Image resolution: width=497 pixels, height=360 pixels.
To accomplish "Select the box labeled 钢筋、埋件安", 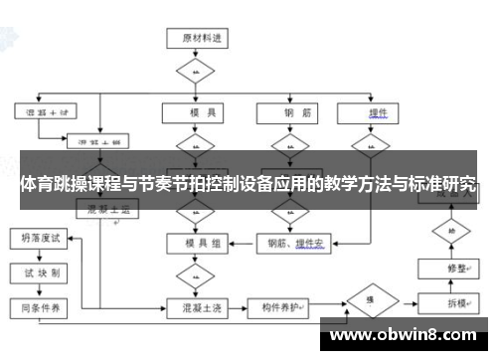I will [297, 242].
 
